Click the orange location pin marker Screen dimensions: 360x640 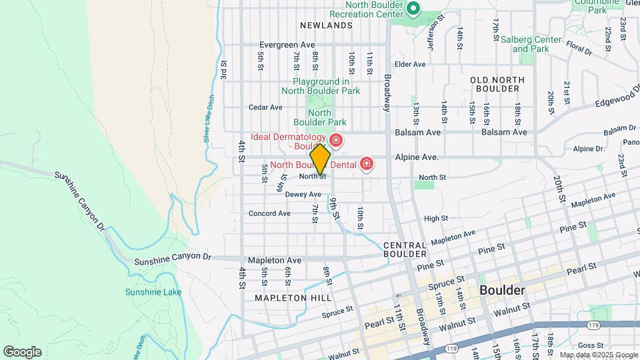click(321, 159)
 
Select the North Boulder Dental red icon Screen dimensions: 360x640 click(366, 163)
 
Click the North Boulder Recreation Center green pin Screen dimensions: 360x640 click(413, 9)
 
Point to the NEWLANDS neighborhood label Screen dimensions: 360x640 click(325, 25)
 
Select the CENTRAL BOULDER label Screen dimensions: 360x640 click(405, 250)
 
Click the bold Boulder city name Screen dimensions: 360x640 click(502, 291)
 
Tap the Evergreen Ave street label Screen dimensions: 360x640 click(287, 45)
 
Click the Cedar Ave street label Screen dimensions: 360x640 click(265, 107)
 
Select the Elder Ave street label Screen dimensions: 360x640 click(410, 64)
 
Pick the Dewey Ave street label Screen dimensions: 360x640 click(303, 195)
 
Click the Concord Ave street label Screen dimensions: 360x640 click(269, 213)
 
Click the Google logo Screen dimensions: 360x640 click(22, 351)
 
